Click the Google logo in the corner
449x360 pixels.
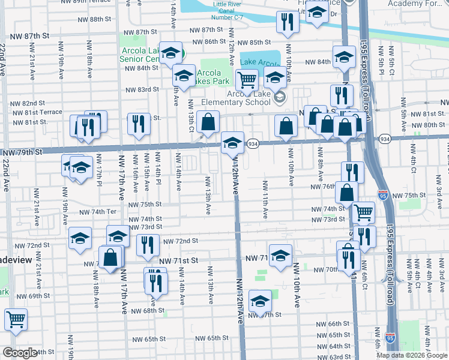pos(19,353)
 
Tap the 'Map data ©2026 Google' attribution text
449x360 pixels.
pos(412,355)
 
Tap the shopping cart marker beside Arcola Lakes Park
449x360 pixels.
pos(246,79)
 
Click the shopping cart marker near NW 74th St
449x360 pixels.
pos(363,212)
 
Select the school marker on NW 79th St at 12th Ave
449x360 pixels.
pos(232,143)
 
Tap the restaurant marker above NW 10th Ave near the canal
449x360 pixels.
pos(287,22)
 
